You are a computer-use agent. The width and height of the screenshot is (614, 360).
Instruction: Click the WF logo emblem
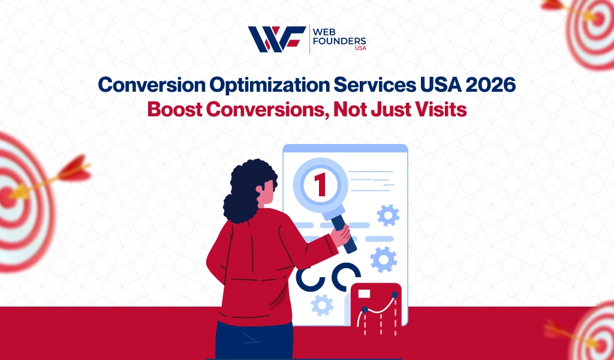277,39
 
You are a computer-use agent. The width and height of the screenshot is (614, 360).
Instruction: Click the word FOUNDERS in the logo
339,41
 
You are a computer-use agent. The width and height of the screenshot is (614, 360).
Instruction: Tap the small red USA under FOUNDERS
360,48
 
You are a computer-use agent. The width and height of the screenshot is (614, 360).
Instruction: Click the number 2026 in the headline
490,85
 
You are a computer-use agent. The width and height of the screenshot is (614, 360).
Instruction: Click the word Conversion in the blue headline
152,85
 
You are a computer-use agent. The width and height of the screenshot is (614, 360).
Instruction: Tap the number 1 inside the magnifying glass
320,185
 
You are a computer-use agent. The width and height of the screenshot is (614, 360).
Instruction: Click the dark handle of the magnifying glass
344,233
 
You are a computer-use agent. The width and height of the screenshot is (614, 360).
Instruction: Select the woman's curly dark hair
248,190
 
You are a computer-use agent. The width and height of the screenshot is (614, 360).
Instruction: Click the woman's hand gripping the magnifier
340,235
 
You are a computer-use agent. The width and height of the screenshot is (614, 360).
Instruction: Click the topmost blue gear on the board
388,215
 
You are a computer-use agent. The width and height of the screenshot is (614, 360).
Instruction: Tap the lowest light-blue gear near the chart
322,305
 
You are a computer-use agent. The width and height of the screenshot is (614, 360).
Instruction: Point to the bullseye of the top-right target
598,19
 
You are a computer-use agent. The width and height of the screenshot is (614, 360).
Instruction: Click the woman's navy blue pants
254,341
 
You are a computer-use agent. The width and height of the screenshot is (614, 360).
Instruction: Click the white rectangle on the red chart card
364,294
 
